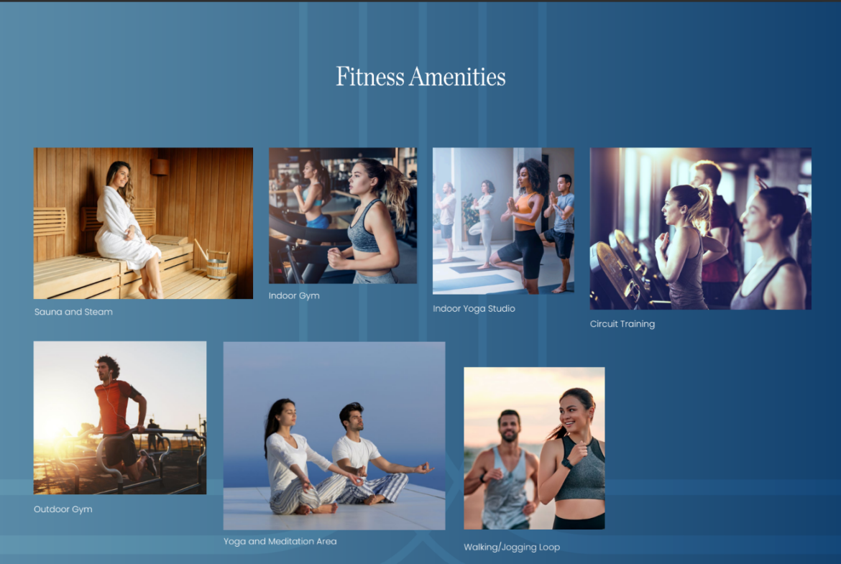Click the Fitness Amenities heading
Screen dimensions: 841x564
tap(420, 77)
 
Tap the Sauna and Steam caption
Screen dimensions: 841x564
tap(73, 312)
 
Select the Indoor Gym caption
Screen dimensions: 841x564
tap(294, 295)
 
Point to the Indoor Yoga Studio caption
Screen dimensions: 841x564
tap(474, 309)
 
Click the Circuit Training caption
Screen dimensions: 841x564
tap(622, 324)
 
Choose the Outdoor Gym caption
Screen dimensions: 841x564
tap(63, 509)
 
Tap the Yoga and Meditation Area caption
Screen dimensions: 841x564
tap(280, 542)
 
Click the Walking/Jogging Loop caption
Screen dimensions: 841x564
tap(512, 547)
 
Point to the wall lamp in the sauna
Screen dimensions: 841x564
tap(160, 167)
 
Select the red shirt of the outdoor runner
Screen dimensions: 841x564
tap(114, 406)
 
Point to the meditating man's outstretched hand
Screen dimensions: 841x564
tap(424, 468)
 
